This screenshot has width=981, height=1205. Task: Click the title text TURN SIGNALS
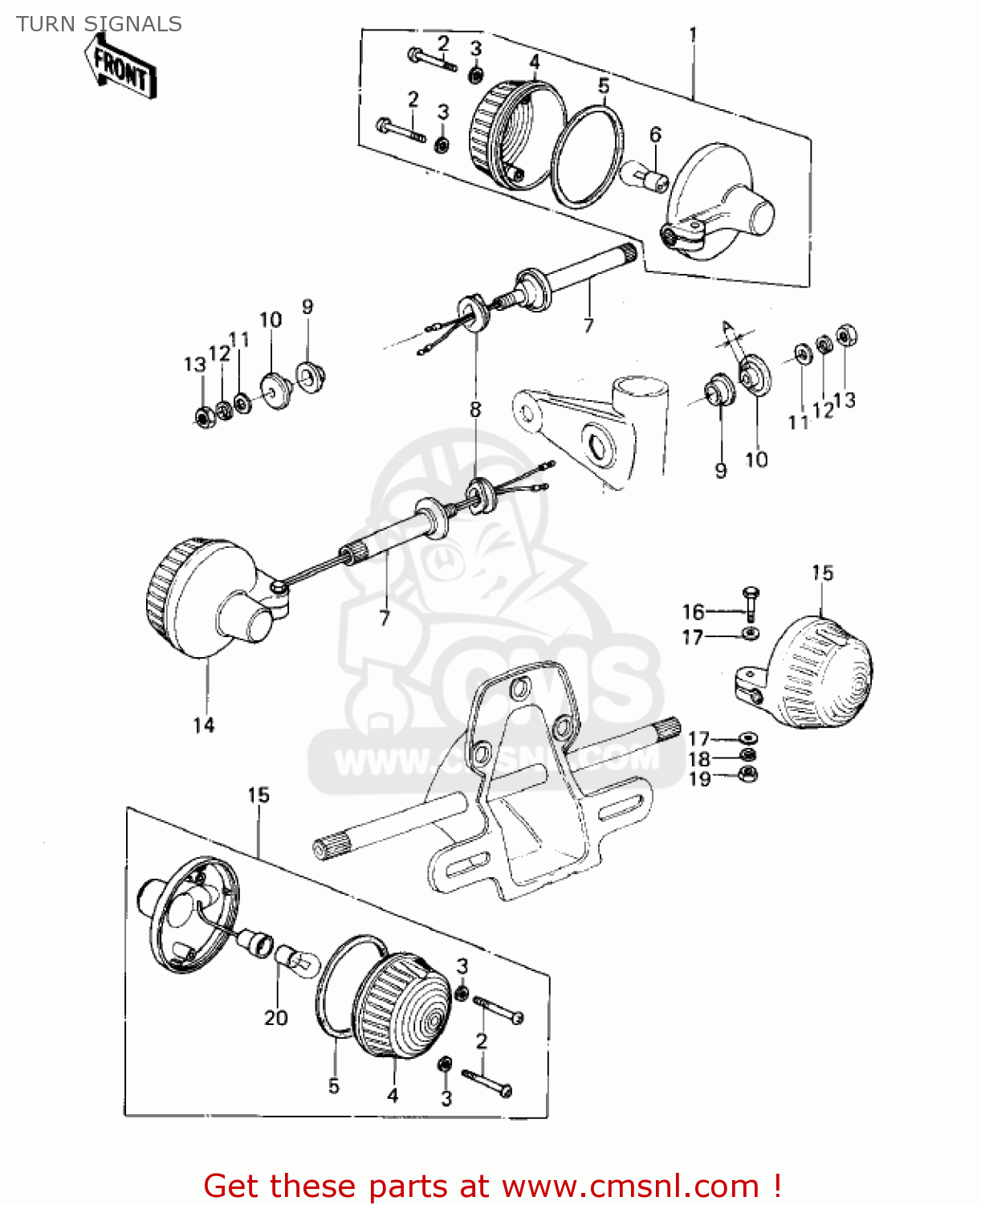[99, 24]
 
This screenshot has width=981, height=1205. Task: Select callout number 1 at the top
[693, 35]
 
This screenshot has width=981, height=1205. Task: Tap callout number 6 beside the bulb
[655, 134]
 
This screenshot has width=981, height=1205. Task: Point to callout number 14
[204, 725]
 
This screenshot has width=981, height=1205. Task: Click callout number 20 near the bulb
[275, 1018]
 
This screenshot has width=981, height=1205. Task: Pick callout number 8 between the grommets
[475, 409]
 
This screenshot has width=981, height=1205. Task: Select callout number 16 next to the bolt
[693, 612]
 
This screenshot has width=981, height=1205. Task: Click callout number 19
[699, 778]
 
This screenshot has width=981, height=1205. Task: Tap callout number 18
[699, 759]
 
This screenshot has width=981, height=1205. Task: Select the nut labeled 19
[747, 775]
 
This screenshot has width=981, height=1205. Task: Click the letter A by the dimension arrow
[727, 326]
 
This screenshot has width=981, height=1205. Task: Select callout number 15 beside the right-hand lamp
[822, 573]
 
